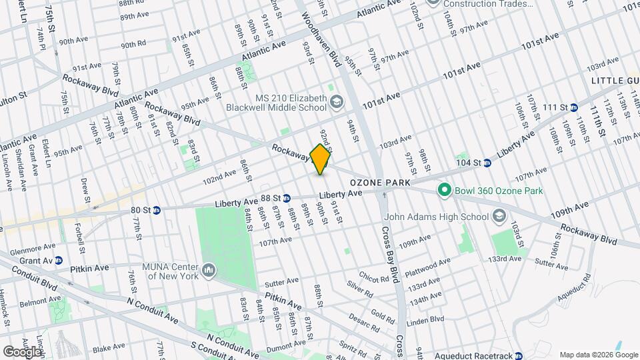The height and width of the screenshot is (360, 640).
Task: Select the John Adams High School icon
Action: [x=498, y=215]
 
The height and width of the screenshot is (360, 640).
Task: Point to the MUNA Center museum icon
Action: [x=209, y=269]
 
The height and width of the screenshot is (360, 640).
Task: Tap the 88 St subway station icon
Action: [x=286, y=198]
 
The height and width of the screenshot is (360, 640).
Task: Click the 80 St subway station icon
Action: [x=157, y=210]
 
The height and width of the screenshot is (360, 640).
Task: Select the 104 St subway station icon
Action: [x=487, y=163]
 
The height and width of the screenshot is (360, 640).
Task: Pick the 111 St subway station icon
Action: [x=573, y=107]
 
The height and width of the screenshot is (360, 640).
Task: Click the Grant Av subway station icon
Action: [x=59, y=260]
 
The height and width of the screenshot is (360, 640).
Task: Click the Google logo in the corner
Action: [x=21, y=351]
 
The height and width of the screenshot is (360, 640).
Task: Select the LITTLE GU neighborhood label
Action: [x=615, y=80]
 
